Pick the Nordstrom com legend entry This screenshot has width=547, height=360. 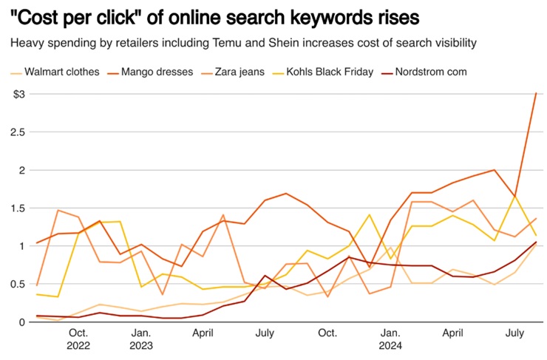tap(431, 72)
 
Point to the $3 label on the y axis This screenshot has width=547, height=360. tap(18, 94)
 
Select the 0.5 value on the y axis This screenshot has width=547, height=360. tap(17, 284)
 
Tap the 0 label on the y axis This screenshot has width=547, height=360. tap(21, 322)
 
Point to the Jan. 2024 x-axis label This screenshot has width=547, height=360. tap(392, 339)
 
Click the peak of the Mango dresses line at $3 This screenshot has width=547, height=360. tap(536, 94)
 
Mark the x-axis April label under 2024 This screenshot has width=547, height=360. tap(452, 333)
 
